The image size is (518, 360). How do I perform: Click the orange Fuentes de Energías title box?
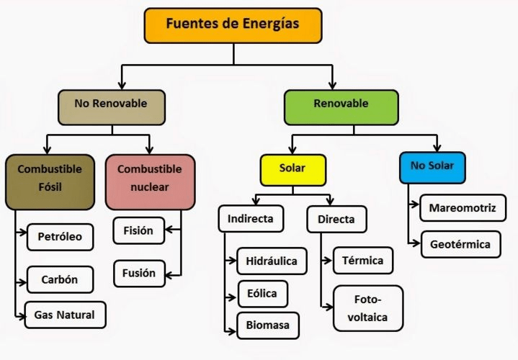pos(232,24)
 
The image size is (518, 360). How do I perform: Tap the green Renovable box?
pos(341,106)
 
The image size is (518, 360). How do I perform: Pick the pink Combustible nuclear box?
pos(150,181)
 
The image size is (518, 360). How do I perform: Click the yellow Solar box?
pos(293,170)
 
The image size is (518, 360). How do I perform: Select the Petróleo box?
pos(61,237)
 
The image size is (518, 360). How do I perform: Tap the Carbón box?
pos(61,279)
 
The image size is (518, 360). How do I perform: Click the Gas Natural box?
pos(65,315)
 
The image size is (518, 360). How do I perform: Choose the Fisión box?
pos(138,231)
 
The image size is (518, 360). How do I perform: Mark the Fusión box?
pos(138,273)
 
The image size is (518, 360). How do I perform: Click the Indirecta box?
pos(250,219)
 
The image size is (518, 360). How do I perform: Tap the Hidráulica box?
pos(272,261)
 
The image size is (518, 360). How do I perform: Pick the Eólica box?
pos(262,294)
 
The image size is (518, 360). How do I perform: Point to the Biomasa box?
pos(267,325)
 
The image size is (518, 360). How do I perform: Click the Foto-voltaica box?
pos(367,307)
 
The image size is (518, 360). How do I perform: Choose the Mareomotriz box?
pos(462,209)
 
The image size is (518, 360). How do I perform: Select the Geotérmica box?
pos(460,244)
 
